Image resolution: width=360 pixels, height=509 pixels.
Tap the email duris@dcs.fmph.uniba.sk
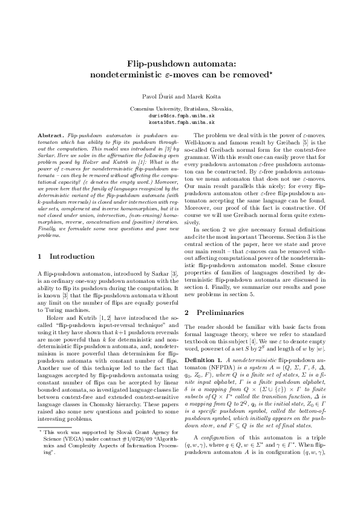(x=180, y=114)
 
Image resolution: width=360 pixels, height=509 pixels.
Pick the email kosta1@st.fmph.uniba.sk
(x=180, y=121)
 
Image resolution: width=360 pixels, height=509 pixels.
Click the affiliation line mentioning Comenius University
(x=180, y=108)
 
